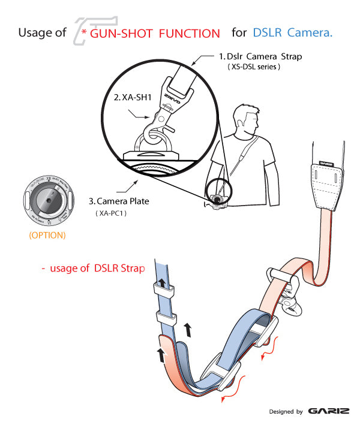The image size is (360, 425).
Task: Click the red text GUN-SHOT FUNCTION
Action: click(155, 34)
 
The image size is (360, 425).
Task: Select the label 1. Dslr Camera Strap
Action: click(260, 57)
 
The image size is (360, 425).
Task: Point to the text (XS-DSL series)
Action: click(254, 67)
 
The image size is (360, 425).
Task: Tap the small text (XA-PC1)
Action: click(113, 213)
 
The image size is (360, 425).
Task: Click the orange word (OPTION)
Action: click(46, 235)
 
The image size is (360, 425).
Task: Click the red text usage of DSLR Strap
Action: click(93, 268)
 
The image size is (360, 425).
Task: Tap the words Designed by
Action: click(285, 412)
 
